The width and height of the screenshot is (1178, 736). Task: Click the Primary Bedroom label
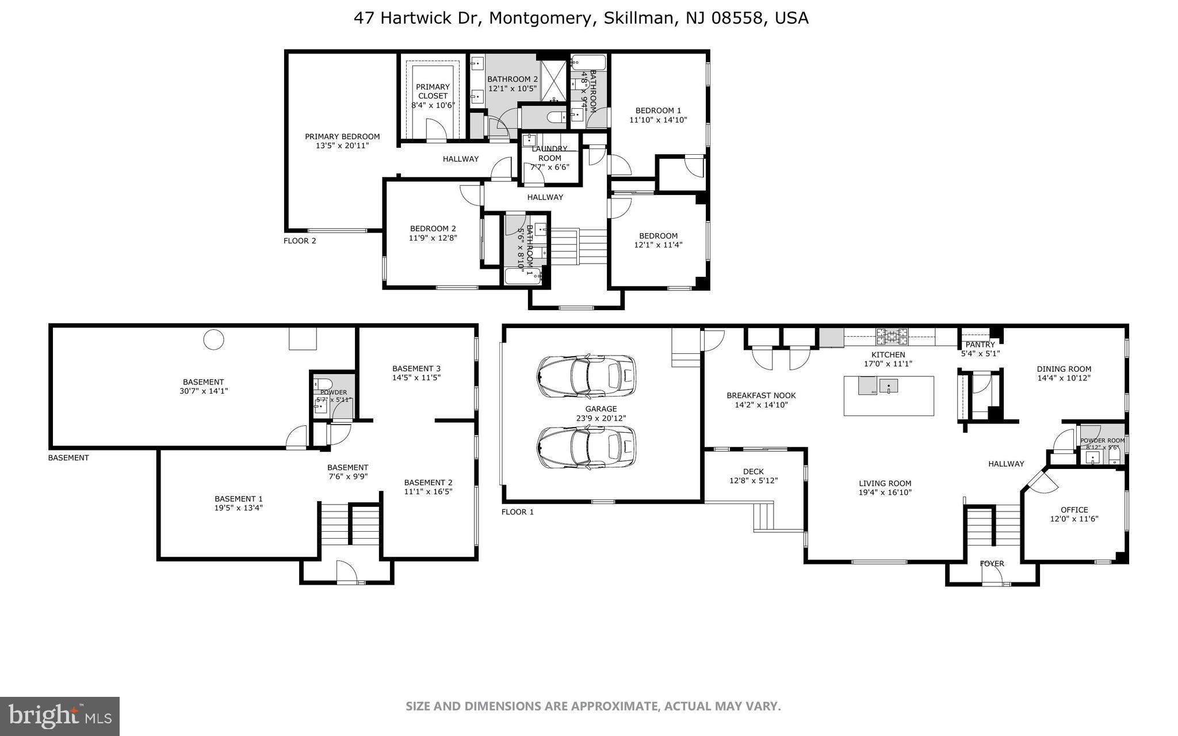342,136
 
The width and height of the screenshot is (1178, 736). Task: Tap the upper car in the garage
586,376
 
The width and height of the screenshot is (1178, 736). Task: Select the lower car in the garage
586,447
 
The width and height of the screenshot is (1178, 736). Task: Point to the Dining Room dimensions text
1064,378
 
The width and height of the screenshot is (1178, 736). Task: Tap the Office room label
1074,509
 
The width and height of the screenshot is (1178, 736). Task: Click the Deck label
753,471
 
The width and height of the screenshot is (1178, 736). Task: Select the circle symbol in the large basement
213,340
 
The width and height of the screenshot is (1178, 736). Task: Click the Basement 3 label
416,368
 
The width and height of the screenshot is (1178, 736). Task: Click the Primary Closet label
433,91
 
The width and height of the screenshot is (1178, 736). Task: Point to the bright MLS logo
60,716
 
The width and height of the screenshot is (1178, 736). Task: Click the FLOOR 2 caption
300,241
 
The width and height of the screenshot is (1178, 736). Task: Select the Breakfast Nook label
761,395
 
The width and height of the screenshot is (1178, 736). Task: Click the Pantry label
980,345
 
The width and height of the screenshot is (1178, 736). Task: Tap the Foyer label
992,563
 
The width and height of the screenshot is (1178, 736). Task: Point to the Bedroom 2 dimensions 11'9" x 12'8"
433,238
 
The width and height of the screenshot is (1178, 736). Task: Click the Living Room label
885,483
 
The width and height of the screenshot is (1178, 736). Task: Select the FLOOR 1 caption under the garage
517,512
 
